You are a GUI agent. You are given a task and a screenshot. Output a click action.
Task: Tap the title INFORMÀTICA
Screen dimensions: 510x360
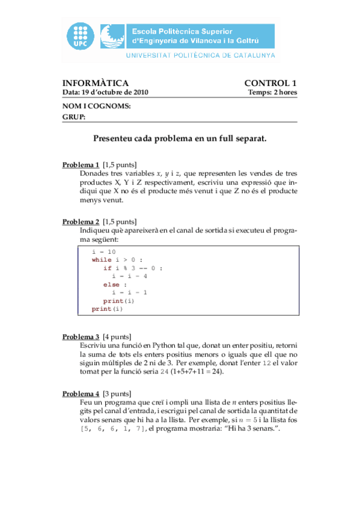tap(96, 83)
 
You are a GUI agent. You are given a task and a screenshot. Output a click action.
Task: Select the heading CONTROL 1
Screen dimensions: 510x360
tap(270, 83)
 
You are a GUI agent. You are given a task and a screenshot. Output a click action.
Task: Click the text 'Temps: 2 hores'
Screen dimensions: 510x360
tap(272, 93)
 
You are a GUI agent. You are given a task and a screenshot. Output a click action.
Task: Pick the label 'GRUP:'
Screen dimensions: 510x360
tap(74, 117)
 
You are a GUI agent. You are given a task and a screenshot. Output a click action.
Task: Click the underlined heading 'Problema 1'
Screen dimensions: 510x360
tap(81, 165)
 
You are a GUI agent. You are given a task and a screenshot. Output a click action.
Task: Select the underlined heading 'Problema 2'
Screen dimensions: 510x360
tap(81, 221)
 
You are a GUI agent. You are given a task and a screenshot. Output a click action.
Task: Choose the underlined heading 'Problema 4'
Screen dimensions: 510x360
tap(81, 393)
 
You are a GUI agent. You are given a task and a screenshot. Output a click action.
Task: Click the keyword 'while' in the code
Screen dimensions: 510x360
tap(102, 260)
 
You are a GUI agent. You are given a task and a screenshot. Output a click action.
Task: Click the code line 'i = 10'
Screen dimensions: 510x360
tap(104, 251)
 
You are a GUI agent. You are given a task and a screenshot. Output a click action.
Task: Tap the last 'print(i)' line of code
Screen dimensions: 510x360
tap(107, 309)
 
